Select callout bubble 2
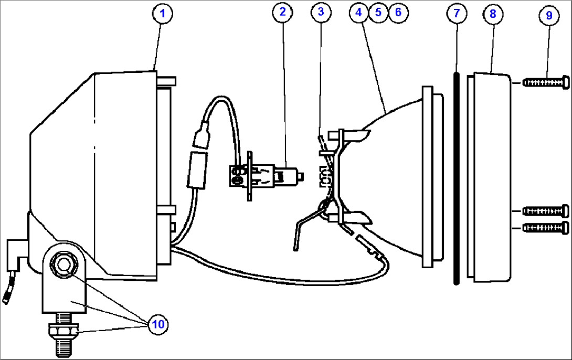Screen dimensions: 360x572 282,13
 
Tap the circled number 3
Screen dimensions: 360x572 321,13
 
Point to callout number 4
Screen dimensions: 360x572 359,13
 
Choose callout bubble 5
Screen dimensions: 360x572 378,13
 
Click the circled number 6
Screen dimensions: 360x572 398,13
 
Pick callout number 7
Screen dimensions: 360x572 456,14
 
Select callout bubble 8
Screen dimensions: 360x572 492,14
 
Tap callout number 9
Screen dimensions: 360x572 549,15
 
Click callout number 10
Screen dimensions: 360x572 158,324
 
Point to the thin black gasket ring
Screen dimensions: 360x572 456,178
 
